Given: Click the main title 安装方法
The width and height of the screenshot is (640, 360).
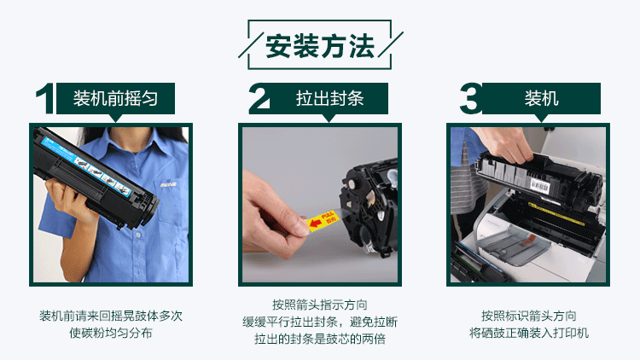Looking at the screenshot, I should (320, 46).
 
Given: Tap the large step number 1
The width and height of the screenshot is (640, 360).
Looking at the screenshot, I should (44, 99).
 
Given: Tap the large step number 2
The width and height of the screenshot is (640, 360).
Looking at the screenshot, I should (259, 99).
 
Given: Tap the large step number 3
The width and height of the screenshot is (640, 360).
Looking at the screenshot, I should (470, 99).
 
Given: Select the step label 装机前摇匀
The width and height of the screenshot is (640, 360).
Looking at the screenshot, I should (114, 98).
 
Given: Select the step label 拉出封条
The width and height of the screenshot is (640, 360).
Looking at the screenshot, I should (329, 98).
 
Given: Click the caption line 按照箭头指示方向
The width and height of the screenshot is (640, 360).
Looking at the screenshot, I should (319, 305).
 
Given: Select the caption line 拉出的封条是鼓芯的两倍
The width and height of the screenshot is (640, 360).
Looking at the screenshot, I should (319, 339).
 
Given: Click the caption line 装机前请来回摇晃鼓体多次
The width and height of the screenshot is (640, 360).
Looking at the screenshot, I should (111, 316).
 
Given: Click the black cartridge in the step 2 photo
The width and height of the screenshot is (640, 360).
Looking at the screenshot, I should (367, 200).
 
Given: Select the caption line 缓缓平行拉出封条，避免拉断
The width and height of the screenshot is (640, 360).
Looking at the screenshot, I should (319, 322).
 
